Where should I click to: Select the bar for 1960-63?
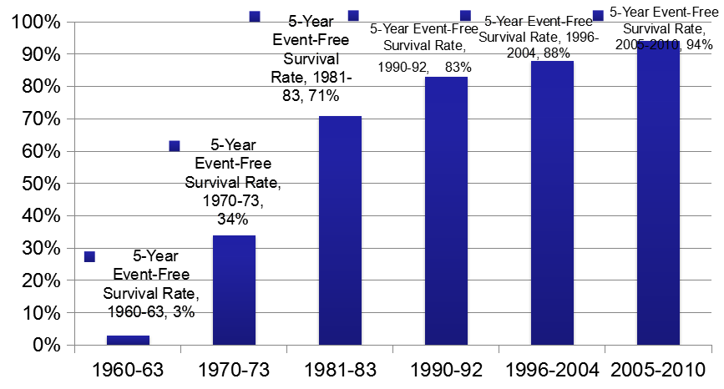128,340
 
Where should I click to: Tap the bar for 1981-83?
340,230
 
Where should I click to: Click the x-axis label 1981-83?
340,368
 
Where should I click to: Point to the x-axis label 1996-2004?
552,368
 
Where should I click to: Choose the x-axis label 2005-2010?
658,368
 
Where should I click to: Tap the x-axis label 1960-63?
128,368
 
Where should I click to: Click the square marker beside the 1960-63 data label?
89,257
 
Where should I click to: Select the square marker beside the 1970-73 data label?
175,146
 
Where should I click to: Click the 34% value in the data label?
234,220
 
